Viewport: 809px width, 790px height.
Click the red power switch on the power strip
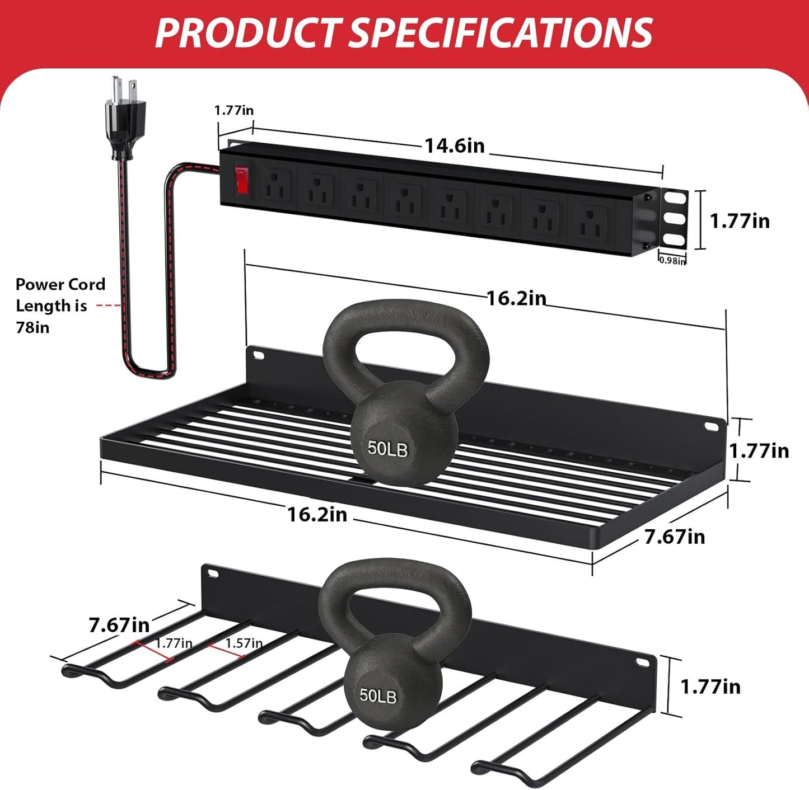241,179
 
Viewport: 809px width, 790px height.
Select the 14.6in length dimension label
454,145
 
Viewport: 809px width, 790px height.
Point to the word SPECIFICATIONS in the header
501,32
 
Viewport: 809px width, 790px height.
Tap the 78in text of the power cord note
32,327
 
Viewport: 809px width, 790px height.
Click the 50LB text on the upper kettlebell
387,448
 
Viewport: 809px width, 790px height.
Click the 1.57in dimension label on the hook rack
244,643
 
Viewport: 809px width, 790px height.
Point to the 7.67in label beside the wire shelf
674,537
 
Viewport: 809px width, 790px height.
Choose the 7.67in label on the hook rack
119,624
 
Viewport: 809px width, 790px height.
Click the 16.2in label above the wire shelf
516,298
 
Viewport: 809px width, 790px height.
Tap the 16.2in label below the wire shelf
317,514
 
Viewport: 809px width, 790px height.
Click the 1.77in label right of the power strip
740,221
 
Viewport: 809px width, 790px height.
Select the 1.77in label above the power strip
233,110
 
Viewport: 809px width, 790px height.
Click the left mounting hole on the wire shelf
258,355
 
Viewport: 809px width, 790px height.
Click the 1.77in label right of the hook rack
710,686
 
